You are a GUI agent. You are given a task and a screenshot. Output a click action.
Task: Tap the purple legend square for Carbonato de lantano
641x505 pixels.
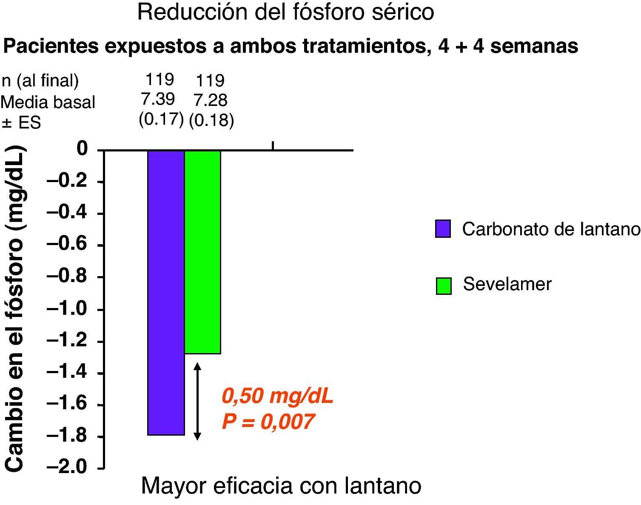coord(443,228)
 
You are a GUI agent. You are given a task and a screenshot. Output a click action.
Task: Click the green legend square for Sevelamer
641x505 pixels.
coord(443,285)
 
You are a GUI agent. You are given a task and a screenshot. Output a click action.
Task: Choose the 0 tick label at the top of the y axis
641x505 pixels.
coord(83,149)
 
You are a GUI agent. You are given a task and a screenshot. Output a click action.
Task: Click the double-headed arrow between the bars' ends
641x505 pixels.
coord(197,401)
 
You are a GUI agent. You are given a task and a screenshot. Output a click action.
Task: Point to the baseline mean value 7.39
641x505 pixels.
coord(158,99)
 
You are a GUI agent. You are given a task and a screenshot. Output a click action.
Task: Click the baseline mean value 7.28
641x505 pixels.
coord(211,100)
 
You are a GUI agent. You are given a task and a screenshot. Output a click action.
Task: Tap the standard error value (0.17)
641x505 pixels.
coord(161,120)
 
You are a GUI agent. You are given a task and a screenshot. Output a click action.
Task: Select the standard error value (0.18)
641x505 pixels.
coord(211,120)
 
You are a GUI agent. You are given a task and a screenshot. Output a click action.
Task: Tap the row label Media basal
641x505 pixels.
coord(48,102)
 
